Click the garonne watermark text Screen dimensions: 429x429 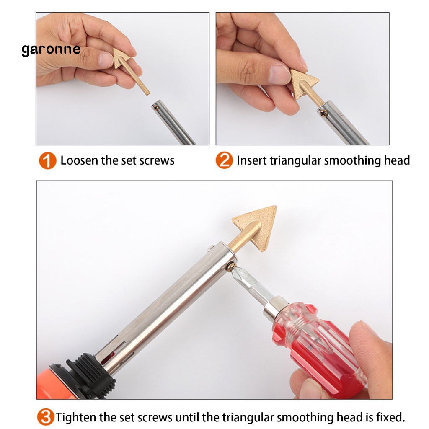tap(51, 50)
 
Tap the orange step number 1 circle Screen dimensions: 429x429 tap(47, 160)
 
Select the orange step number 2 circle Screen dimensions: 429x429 tap(224, 160)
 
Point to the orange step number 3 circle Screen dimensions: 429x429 tap(45, 417)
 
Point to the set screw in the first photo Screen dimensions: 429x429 tap(156, 108)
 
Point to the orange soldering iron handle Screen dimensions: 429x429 tap(52, 383)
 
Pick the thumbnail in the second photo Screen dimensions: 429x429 tap(279, 74)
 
